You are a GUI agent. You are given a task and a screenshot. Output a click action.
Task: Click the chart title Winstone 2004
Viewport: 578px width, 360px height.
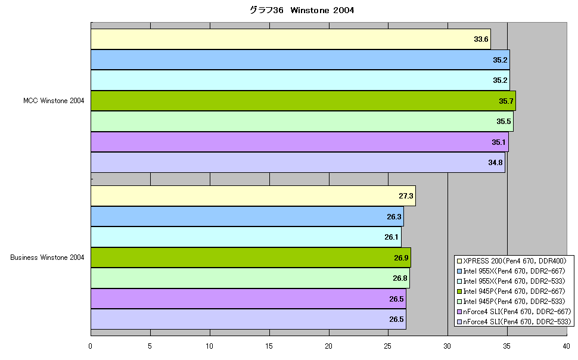(x=302, y=10)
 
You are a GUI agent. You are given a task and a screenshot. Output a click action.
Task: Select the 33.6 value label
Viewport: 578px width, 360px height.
(x=481, y=39)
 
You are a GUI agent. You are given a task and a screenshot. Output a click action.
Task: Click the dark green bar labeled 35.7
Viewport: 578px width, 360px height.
(x=303, y=101)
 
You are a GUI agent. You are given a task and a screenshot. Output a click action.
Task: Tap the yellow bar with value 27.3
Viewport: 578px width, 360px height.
(x=253, y=196)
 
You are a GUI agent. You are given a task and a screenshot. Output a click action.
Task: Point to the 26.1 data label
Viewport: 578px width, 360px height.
(x=391, y=237)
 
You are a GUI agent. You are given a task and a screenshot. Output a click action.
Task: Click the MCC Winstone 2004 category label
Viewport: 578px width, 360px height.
(x=54, y=101)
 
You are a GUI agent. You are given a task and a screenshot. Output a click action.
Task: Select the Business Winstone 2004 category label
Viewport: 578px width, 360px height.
(x=47, y=257)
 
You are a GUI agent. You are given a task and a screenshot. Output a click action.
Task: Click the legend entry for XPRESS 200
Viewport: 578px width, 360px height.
(x=511, y=261)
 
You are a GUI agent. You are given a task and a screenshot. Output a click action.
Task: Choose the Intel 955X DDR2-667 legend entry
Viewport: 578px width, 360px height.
(x=511, y=271)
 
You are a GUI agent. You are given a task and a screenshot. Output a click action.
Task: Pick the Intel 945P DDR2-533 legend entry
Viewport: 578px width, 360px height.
(x=511, y=302)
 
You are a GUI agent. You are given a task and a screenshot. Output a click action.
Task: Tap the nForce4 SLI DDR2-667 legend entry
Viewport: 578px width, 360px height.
(x=514, y=312)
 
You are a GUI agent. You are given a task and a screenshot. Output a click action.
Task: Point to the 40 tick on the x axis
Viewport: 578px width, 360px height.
(x=566, y=346)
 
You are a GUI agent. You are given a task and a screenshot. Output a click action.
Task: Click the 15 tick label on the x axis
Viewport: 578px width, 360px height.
(x=269, y=346)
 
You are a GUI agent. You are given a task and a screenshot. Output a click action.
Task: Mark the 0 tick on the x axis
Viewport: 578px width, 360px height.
(x=91, y=346)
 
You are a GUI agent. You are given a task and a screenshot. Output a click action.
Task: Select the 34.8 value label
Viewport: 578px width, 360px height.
(x=495, y=163)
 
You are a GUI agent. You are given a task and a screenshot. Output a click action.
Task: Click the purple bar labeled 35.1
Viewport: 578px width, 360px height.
(x=300, y=142)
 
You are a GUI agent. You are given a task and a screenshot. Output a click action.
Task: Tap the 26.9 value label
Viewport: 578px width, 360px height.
(x=401, y=258)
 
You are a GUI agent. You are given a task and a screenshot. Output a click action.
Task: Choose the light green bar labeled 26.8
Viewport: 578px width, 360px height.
(x=250, y=278)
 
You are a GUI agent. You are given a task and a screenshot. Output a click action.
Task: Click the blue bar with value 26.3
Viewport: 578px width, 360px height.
(x=247, y=216)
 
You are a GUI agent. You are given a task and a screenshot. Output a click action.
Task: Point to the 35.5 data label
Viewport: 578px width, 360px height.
(x=504, y=122)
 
